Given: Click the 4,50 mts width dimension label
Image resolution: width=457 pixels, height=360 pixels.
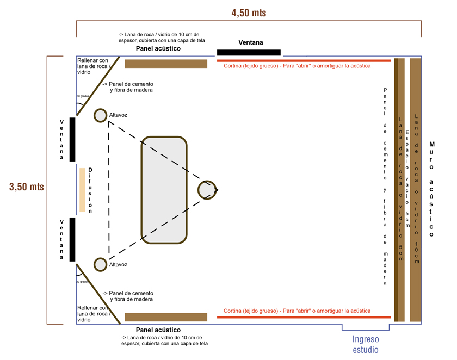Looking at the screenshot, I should pyautogui.click(x=249, y=13).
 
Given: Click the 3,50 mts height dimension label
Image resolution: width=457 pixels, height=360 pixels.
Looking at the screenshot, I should pyautogui.click(x=26, y=187).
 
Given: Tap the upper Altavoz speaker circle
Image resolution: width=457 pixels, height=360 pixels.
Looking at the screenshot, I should pyautogui.click(x=100, y=115).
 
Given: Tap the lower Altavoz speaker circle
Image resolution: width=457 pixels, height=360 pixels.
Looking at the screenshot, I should pyautogui.click(x=100, y=265).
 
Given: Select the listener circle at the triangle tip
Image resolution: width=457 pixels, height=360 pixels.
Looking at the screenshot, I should pyautogui.click(x=207, y=190).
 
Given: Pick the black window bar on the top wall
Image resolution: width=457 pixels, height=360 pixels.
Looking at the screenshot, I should pyautogui.click(x=249, y=53).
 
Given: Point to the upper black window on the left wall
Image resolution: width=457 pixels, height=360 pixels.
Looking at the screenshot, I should pyautogui.click(x=72, y=139).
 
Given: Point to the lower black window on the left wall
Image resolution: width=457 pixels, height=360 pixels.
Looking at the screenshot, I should pyautogui.click(x=72, y=239).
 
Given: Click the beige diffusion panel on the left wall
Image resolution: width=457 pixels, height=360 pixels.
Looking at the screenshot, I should pyautogui.click(x=82, y=189).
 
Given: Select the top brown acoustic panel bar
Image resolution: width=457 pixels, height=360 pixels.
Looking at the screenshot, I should pyautogui.click(x=166, y=64).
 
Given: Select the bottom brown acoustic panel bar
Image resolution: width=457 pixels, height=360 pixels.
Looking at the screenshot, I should pyautogui.click(x=166, y=317).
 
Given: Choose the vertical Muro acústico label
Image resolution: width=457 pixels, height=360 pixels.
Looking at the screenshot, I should pyautogui.click(x=431, y=189).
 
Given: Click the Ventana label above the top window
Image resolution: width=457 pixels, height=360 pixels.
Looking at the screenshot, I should pyautogui.click(x=251, y=42).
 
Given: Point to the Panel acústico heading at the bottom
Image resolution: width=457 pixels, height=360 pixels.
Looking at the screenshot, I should pyautogui.click(x=158, y=330).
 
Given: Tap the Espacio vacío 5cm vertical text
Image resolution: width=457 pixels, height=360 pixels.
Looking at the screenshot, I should pyautogui.click(x=407, y=174).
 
